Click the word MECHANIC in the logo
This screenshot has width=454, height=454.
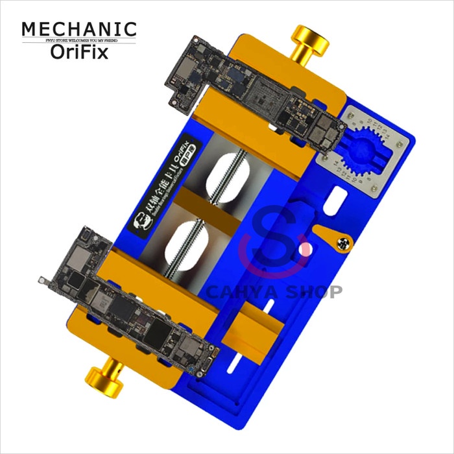[x=79, y=29]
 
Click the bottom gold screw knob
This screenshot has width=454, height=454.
[x=104, y=377]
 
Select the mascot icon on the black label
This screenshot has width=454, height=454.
[x=139, y=228]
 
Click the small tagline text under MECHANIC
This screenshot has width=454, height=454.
[x=79, y=41]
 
